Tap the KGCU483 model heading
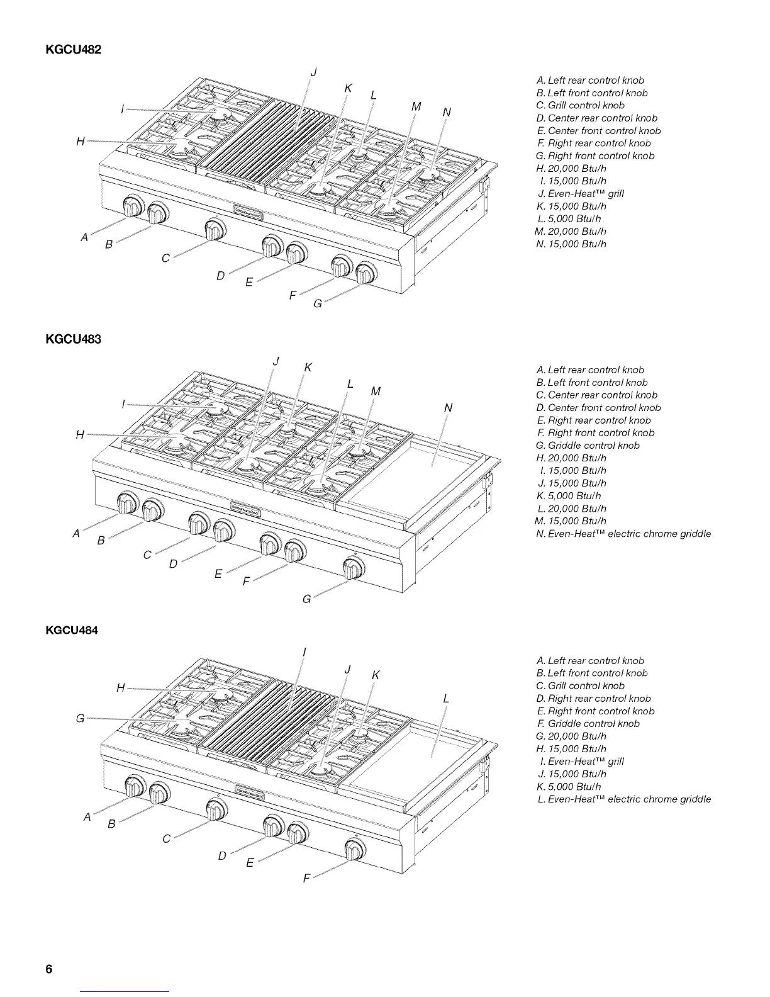point(74,340)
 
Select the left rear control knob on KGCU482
point(133,206)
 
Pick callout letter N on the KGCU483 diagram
point(448,408)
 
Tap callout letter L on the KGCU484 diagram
point(446,699)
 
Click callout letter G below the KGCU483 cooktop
point(306,599)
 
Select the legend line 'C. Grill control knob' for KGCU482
point(580,106)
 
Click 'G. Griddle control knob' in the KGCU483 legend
point(588,446)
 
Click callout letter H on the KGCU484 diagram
point(121,687)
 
